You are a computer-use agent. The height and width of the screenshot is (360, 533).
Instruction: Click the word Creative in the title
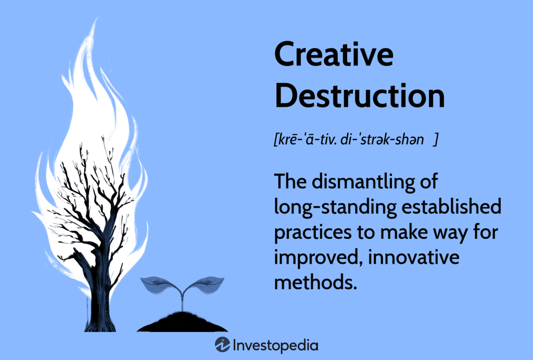tap(334, 55)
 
